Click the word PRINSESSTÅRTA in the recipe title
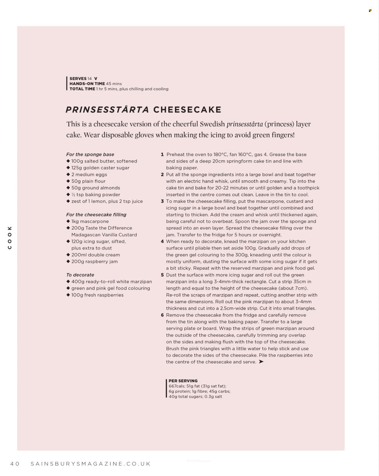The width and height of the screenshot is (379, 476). click(107, 110)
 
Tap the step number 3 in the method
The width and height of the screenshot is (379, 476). click(163, 201)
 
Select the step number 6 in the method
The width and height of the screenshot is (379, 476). click(163, 315)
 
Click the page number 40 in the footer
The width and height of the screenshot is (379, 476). click(15, 464)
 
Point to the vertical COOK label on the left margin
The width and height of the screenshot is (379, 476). click(10, 237)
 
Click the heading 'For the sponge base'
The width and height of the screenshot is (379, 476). click(90, 155)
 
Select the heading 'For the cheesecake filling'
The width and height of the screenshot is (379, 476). click(96, 215)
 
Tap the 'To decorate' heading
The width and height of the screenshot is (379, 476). click(80, 275)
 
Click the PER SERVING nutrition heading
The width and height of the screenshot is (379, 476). click(183, 381)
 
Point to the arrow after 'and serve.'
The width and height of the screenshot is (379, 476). click(261, 362)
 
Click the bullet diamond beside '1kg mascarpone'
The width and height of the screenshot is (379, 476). click(68, 221)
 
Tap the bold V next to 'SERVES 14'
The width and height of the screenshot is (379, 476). click(96, 79)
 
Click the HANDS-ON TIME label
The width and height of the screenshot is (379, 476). click(87, 84)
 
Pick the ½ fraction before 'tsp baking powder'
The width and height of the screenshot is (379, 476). click(73, 195)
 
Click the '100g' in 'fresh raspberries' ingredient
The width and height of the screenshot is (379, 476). click(77, 295)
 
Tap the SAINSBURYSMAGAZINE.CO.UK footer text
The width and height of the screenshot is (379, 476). click(91, 464)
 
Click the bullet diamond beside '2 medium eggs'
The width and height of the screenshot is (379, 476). click(68, 175)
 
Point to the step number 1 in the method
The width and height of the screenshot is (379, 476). click(163, 155)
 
